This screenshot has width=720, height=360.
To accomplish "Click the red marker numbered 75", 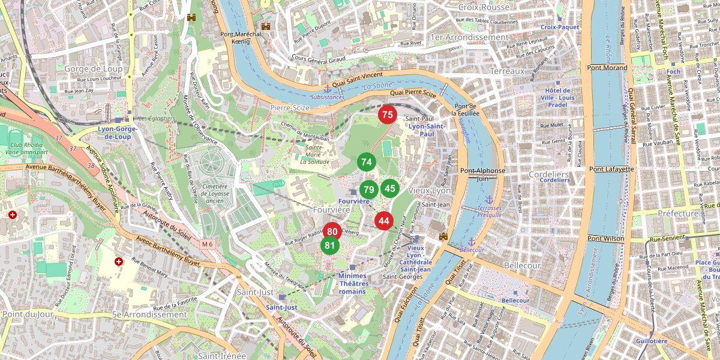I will click(x=387, y=115).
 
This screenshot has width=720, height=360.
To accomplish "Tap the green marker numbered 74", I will click(x=367, y=162).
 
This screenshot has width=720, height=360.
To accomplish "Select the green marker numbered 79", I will click(x=369, y=190).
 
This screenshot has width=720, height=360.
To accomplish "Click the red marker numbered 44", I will click(x=384, y=221).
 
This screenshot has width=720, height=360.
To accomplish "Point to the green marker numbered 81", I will click(x=329, y=245).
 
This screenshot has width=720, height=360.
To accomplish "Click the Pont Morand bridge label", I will click(x=607, y=68).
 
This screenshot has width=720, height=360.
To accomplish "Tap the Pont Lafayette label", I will click(x=611, y=169).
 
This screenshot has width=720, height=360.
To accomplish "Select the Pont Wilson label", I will click(x=606, y=239).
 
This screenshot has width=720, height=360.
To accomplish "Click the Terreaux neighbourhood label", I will click(x=507, y=71).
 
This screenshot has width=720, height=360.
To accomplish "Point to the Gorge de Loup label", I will click(x=94, y=69).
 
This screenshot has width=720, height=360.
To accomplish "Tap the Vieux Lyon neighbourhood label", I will click(x=429, y=190).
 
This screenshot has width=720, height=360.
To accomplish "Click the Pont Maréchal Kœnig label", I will click(x=240, y=38).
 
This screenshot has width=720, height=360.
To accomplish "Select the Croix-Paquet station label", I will click(x=560, y=27).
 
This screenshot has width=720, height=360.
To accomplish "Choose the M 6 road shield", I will click(x=208, y=244).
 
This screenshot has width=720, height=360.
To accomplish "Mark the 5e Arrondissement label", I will click(x=149, y=314).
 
